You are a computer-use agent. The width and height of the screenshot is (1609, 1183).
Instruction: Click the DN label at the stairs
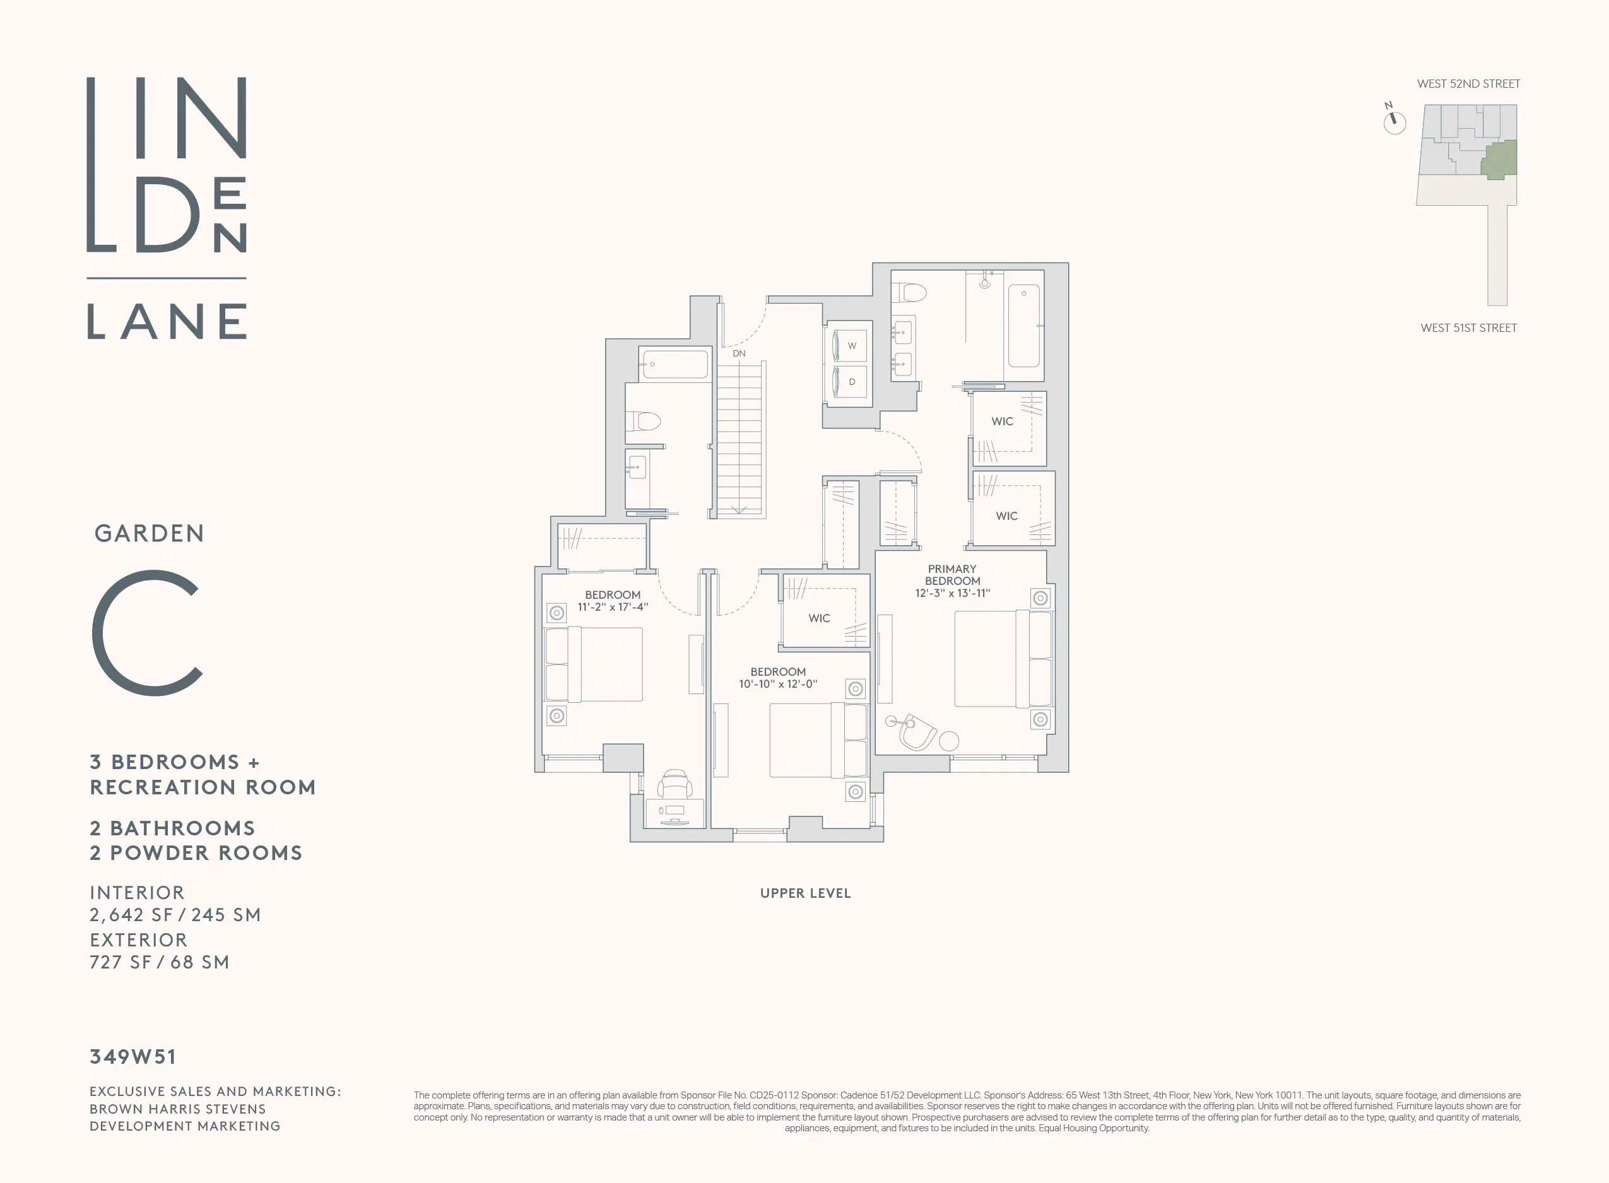pyautogui.click(x=738, y=354)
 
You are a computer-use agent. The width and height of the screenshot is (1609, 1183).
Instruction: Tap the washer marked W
pyautogui.click(x=851, y=346)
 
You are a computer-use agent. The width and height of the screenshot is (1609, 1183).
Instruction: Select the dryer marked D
pyautogui.click(x=851, y=382)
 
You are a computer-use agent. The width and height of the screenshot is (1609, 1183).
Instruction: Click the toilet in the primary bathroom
pyautogui.click(x=911, y=292)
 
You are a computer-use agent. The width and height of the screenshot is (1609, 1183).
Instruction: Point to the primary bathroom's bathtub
pyautogui.click(x=1023, y=326)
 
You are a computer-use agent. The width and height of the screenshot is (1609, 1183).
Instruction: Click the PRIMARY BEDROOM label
pyautogui.click(x=952, y=575)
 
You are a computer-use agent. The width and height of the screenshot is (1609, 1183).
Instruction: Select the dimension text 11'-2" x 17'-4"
pyautogui.click(x=612, y=607)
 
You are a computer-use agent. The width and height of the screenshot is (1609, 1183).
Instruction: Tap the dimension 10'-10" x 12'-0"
pyautogui.click(x=777, y=685)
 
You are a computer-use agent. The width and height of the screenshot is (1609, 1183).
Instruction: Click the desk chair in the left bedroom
pyautogui.click(x=675, y=784)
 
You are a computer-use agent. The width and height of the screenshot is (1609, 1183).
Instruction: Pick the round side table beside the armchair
pyautogui.click(x=949, y=741)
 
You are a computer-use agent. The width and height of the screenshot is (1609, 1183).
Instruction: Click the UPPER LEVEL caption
pyautogui.click(x=805, y=893)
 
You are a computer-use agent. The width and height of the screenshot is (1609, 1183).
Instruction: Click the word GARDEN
pyautogui.click(x=149, y=534)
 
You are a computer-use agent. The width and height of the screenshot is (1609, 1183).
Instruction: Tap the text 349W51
pyautogui.click(x=133, y=1057)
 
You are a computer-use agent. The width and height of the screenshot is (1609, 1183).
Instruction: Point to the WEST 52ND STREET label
pyautogui.click(x=1468, y=84)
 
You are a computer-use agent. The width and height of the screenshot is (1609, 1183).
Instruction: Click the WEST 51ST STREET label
pyautogui.click(x=1468, y=328)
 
